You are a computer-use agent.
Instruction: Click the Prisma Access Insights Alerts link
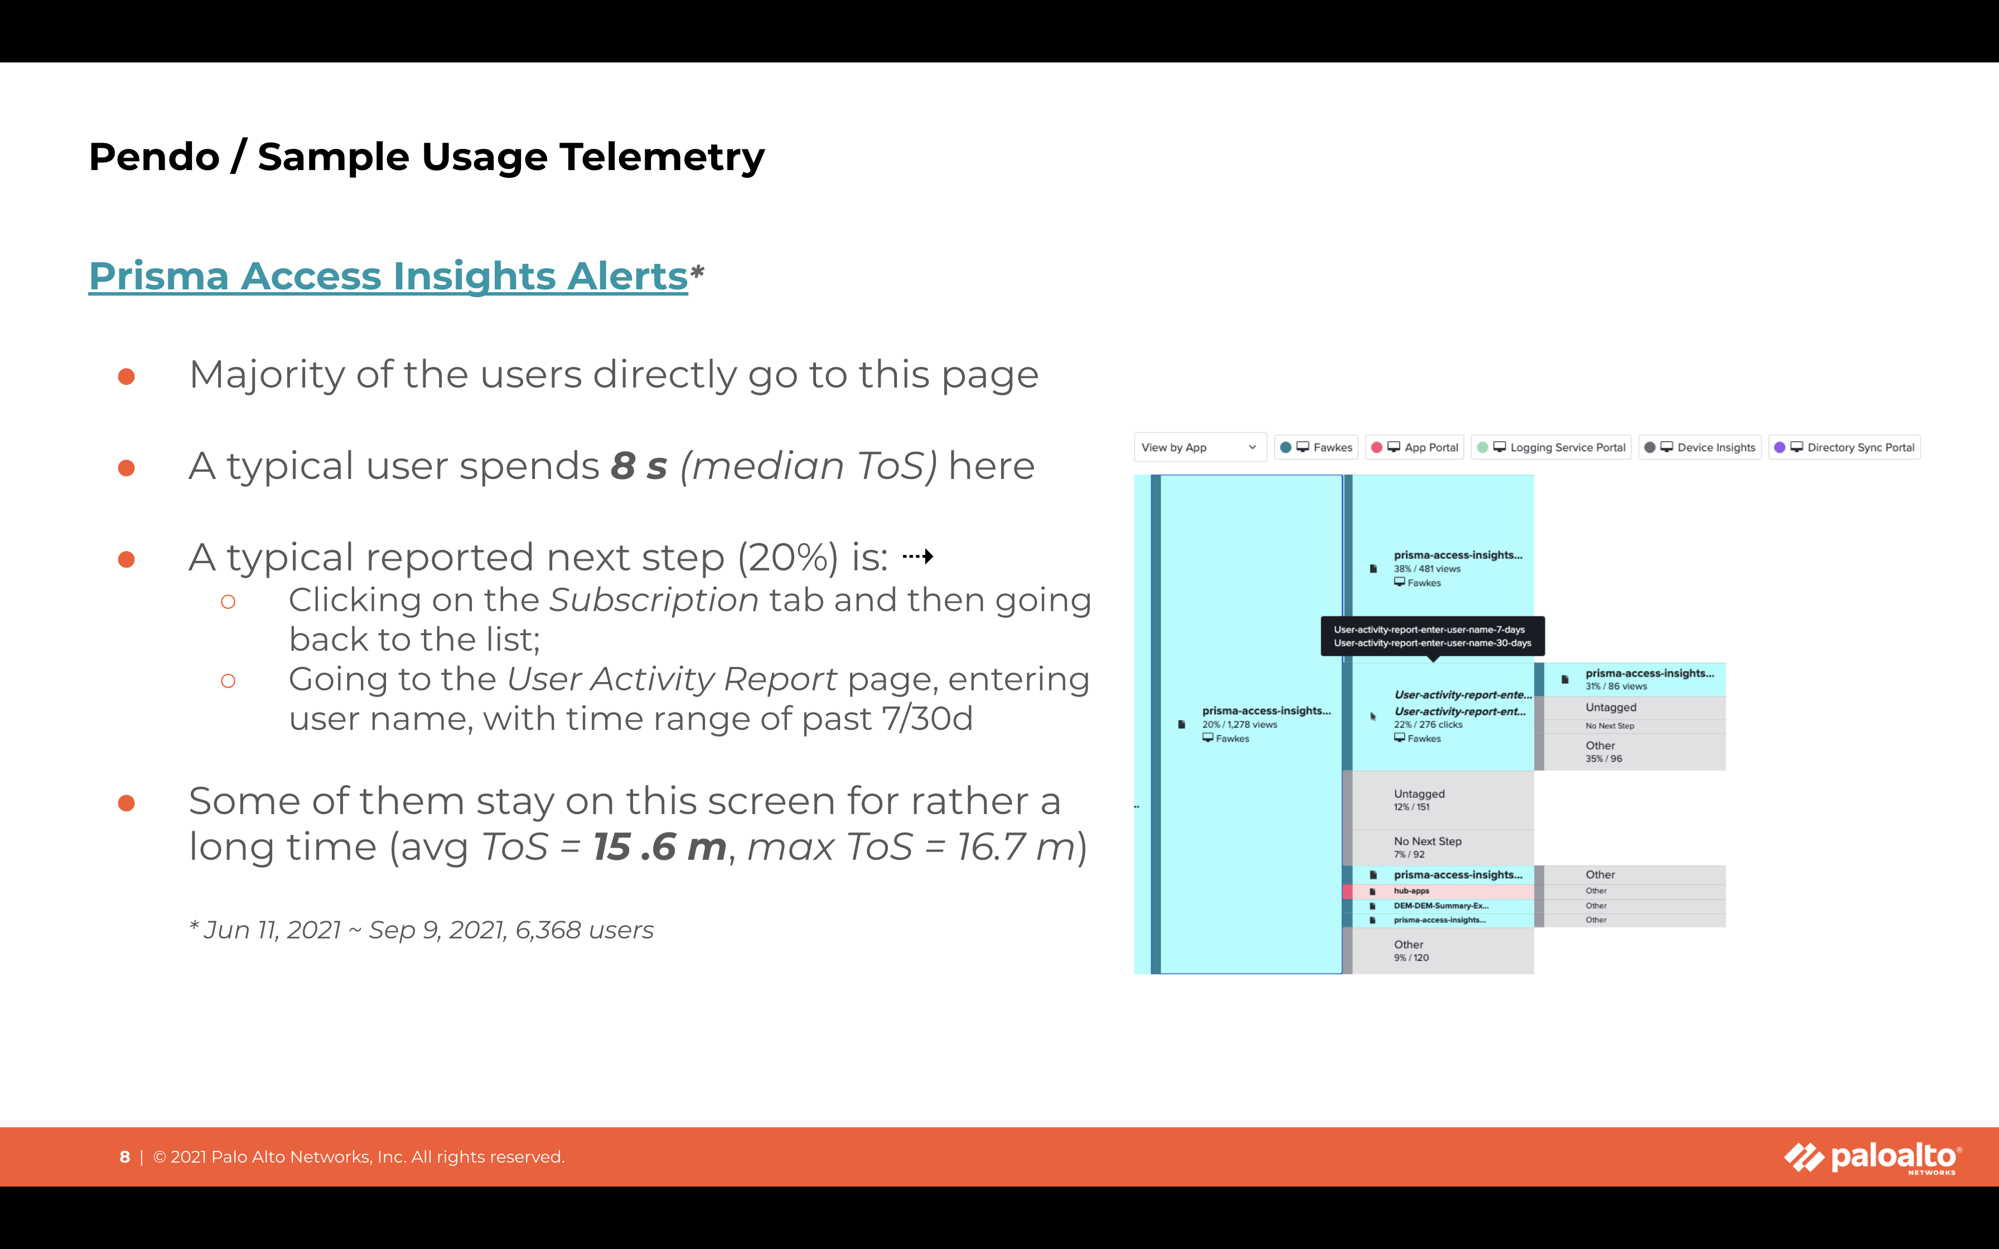tap(388, 276)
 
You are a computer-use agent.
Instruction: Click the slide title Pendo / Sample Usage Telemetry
tap(426, 157)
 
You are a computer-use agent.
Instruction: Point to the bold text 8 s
tap(639, 466)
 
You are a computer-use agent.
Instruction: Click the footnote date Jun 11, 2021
tap(273, 930)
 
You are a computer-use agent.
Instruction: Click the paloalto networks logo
tap(1872, 1158)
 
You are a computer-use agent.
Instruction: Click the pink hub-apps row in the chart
tap(1438, 892)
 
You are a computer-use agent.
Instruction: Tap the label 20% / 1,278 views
tap(1240, 724)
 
